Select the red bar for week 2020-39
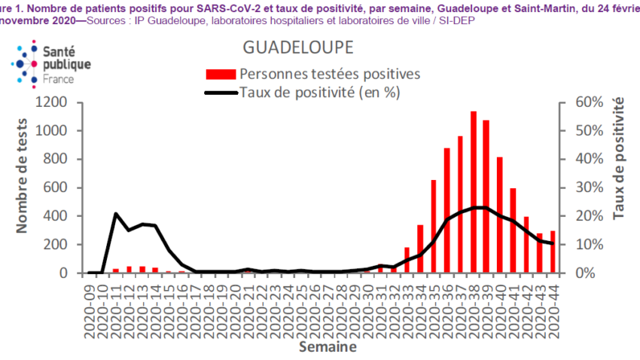coord(486,197)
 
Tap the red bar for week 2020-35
coord(434,226)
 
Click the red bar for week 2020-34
coord(420,249)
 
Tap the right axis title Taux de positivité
coord(619,158)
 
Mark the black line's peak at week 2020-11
coord(116,214)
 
